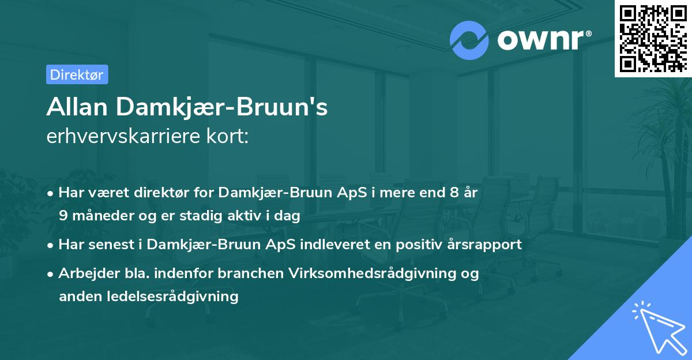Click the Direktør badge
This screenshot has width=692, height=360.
click(x=77, y=74)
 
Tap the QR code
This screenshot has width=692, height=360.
click(x=653, y=38)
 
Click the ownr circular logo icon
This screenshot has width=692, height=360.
click(x=469, y=40)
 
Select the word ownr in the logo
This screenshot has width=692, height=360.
click(x=541, y=40)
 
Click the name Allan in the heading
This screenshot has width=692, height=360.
click(x=77, y=107)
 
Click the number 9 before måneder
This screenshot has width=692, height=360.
click(x=63, y=216)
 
